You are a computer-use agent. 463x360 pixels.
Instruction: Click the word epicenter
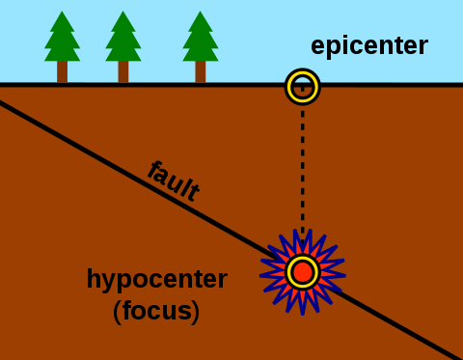tap(368, 45)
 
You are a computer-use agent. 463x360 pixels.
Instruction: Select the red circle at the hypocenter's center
tap(302, 272)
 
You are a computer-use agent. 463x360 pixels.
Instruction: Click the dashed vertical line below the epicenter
tap(302, 174)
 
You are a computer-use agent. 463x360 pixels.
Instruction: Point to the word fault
tap(174, 180)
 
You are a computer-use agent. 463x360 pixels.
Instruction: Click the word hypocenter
tap(156, 279)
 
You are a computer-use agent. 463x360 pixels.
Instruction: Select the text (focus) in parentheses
tap(156, 312)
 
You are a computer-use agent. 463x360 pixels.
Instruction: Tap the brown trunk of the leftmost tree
tap(62, 71)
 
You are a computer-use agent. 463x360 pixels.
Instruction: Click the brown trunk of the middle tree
tap(123, 71)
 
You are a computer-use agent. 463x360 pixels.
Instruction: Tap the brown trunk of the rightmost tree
tap(200, 71)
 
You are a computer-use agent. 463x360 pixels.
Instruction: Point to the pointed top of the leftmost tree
tap(62, 13)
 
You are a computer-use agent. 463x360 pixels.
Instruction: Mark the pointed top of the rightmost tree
tap(200, 13)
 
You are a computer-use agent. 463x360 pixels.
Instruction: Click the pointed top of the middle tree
tap(123, 13)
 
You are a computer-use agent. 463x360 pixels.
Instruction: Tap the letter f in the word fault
tap(154, 170)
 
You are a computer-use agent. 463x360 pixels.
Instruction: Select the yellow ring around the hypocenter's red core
tap(290, 272)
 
